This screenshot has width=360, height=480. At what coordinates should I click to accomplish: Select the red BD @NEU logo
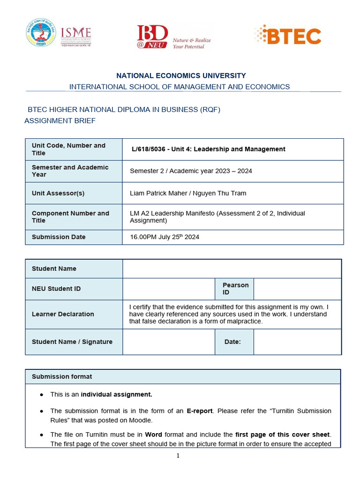click(152, 37)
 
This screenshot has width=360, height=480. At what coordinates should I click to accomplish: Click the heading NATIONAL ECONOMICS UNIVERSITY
click(181, 75)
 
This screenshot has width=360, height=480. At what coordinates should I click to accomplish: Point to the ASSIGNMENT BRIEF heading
click(60, 120)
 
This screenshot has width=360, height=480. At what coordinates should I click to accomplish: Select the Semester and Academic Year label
click(70, 171)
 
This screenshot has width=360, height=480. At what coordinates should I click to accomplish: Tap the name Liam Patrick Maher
click(156, 193)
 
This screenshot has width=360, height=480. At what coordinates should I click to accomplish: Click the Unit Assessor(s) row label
click(58, 193)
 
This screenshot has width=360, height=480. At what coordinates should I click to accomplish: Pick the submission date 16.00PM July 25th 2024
click(165, 237)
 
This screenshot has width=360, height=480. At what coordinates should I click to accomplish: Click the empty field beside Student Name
click(232, 269)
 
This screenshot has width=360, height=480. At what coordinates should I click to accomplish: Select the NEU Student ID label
click(56, 289)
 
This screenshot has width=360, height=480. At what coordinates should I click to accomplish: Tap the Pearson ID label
click(235, 289)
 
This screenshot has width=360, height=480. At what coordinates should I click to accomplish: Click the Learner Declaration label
click(63, 314)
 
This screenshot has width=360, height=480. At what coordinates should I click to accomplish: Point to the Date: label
click(232, 342)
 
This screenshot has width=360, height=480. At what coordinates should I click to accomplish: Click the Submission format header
click(62, 376)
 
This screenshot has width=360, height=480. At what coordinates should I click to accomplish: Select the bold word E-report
click(200, 411)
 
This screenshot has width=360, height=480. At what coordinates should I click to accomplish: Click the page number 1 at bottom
click(178, 455)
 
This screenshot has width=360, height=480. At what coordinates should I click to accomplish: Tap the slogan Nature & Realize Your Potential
click(191, 43)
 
